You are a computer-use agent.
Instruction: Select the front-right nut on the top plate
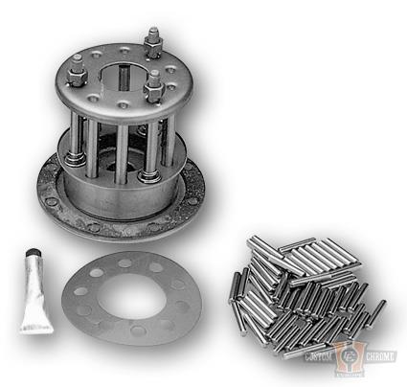[154, 92]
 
